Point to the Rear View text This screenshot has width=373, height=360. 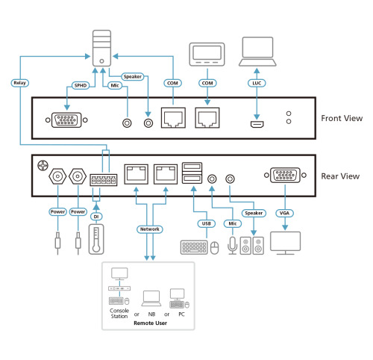point(340,177)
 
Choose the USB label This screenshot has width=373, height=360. point(206,223)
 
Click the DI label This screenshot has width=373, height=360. point(95,217)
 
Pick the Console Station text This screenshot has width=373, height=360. point(119,313)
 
